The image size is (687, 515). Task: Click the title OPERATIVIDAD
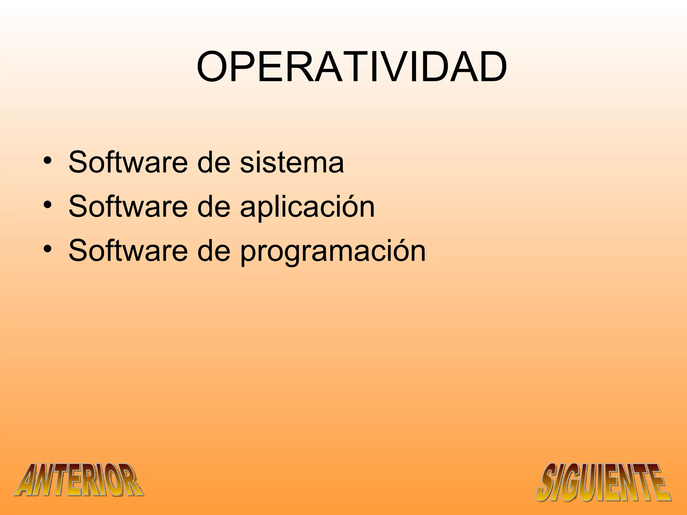pos(352,67)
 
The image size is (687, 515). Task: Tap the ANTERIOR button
pos(79,480)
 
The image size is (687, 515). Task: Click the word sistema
pos(292,163)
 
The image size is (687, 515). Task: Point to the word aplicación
pos(307,207)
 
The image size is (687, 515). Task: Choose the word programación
pos(333,251)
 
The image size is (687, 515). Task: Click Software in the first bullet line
pos(127,163)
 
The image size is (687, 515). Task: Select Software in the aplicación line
pos(127,207)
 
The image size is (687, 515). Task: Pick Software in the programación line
pos(127,251)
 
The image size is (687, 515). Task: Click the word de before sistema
pos(213,163)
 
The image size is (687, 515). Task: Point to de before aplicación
pos(213,207)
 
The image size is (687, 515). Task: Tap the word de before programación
pos(213,251)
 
